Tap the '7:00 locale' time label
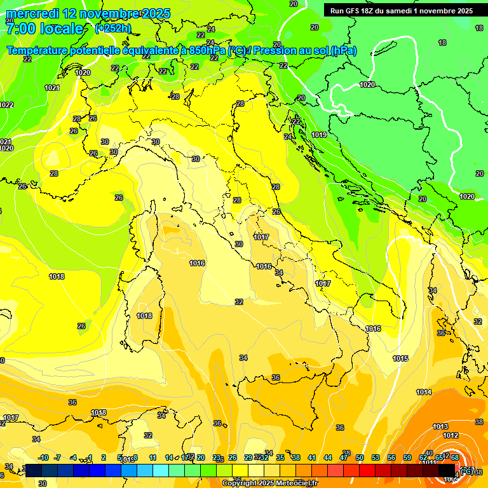coord(44,29)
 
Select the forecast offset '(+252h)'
coord(113,28)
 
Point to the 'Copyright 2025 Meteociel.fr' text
coord(270,484)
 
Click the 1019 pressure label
coord(319,135)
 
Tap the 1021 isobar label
coord(52,88)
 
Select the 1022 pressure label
coord(6,105)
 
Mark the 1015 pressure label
coord(400,359)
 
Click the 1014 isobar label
coord(424,392)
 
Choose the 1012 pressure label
coord(451,435)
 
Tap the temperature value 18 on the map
coord(442,43)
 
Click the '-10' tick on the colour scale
coord(44,457)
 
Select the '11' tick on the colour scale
coord(153,457)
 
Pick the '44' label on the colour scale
coord(328,457)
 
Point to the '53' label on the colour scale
coord(376,457)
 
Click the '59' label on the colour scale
coord(407,457)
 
